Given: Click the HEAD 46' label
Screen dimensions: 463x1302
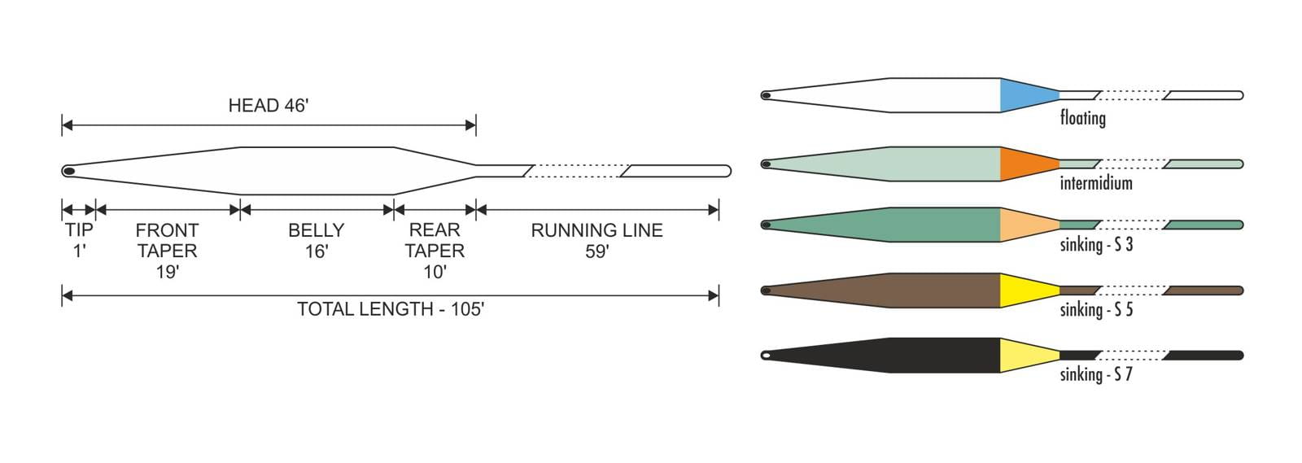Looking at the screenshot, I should [268, 106].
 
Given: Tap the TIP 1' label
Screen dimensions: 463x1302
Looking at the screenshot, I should [79, 240].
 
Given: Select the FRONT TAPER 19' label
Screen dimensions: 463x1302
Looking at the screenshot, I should [167, 251].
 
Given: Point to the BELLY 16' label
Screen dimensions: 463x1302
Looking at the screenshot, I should [316, 240].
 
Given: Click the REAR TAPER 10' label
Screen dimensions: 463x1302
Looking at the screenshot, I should [435, 251].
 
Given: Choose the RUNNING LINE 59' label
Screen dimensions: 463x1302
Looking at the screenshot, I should [596, 240].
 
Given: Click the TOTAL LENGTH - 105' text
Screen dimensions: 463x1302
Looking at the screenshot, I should [390, 309].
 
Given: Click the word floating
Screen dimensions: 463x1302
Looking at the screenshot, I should [1082, 119].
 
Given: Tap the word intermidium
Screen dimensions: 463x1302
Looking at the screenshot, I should [1095, 183].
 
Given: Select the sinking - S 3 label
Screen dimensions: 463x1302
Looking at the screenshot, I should [1095, 244].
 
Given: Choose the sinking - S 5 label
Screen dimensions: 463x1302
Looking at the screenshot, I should [1095, 309].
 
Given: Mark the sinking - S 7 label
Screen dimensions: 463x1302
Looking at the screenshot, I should [1095, 374].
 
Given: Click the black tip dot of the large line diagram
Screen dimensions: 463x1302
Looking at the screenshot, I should [69, 171].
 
